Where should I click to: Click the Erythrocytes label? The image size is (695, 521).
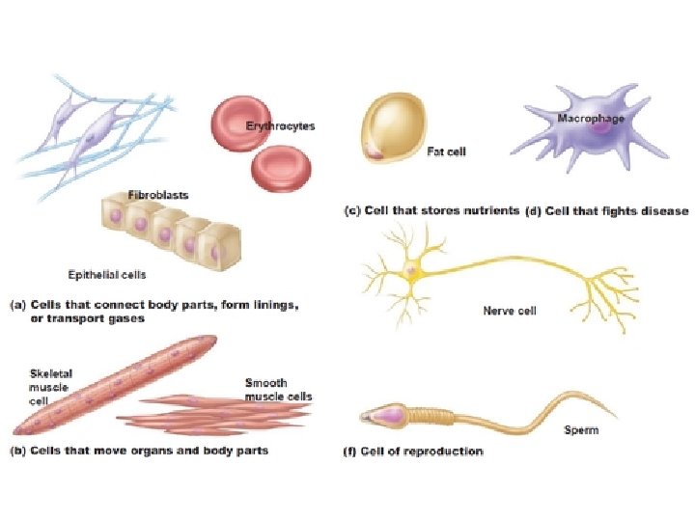tap(279, 126)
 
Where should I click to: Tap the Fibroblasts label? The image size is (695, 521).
tap(158, 194)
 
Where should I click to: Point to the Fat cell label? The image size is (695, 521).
tap(446, 151)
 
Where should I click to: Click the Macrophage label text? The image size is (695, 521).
tap(591, 118)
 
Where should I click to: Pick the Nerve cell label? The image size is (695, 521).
tap(509, 311)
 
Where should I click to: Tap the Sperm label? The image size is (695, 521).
tap(581, 430)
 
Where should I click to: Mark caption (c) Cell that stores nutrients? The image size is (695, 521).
tap(432, 211)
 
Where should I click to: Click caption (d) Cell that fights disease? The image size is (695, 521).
tap(606, 211)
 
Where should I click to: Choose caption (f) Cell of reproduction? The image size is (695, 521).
tap(414, 452)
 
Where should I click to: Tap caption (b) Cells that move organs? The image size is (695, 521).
tap(139, 451)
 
